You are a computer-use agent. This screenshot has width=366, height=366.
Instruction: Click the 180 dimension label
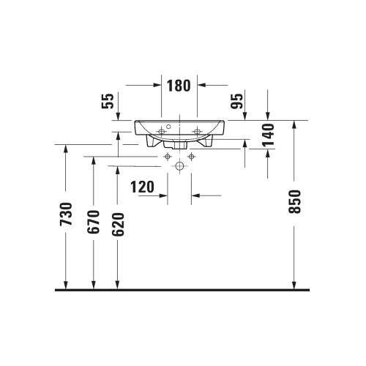click(x=179, y=86)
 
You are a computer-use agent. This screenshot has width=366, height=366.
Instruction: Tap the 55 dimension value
click(x=108, y=101)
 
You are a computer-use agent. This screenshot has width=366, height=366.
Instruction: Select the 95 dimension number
click(x=237, y=101)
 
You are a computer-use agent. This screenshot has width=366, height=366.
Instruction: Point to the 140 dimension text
click(x=269, y=135)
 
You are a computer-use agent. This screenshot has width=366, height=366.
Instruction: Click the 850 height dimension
click(x=294, y=202)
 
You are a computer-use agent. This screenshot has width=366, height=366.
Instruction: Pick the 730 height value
click(x=67, y=214)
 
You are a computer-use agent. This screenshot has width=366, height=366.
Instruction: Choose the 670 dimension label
click(x=94, y=222)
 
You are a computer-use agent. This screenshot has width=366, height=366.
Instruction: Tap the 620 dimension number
click(x=118, y=225)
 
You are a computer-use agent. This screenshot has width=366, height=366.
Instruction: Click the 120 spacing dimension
click(x=142, y=187)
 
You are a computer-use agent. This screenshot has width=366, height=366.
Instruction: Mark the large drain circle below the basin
click(x=179, y=166)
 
